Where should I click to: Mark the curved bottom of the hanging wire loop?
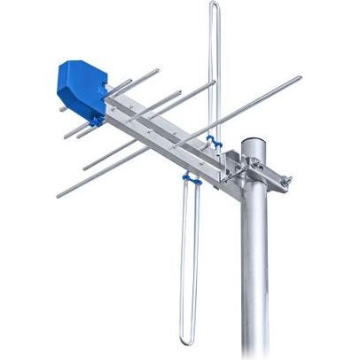[188, 341]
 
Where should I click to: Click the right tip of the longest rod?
[299, 78]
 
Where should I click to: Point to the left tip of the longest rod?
[58, 194]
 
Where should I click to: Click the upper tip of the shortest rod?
[157, 68]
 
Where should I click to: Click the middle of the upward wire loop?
[214, 71]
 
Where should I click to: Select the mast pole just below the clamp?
[254, 222]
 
